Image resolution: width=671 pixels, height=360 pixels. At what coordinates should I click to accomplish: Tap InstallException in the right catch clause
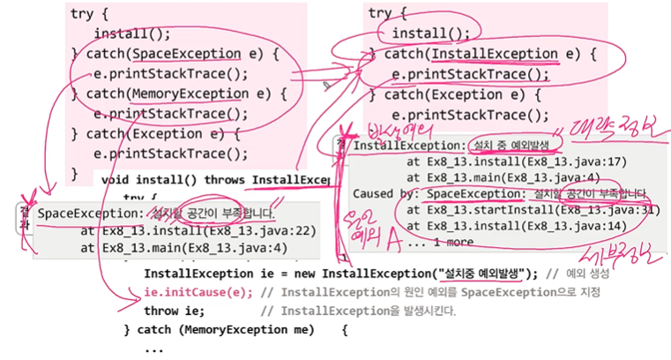click(502, 55)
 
